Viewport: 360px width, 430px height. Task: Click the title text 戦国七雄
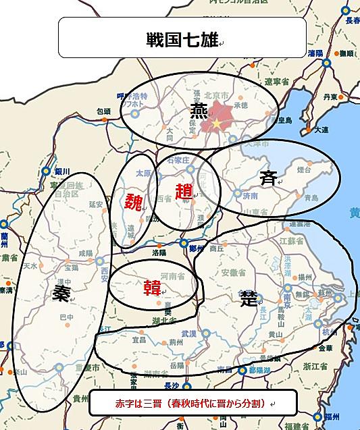click(181, 38)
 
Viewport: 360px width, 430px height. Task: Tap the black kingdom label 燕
click(199, 110)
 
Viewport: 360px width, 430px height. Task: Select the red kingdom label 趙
click(183, 191)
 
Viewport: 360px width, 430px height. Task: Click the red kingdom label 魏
click(132, 200)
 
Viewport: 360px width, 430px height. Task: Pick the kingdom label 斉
click(268, 178)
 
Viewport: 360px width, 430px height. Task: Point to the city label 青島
click(311, 198)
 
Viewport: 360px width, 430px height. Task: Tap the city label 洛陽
click(160, 252)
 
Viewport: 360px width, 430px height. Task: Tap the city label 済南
click(251, 196)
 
